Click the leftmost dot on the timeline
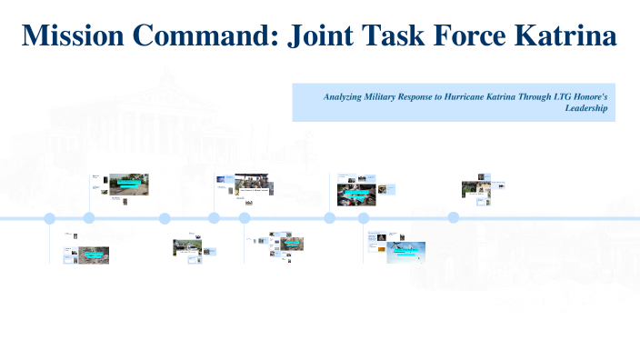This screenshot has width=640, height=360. click(50, 218)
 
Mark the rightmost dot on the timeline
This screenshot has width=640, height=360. click(453, 217)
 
